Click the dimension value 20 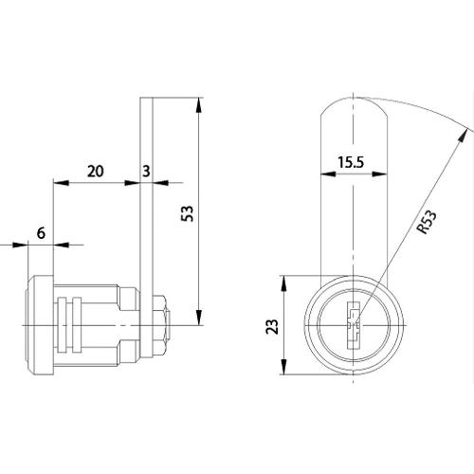tap(95, 172)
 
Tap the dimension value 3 tap(146, 172)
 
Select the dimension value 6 tap(41, 233)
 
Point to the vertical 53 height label tap(187, 213)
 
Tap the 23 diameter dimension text tap(272, 326)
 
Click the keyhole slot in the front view tap(354, 325)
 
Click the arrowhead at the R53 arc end tap(463, 137)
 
